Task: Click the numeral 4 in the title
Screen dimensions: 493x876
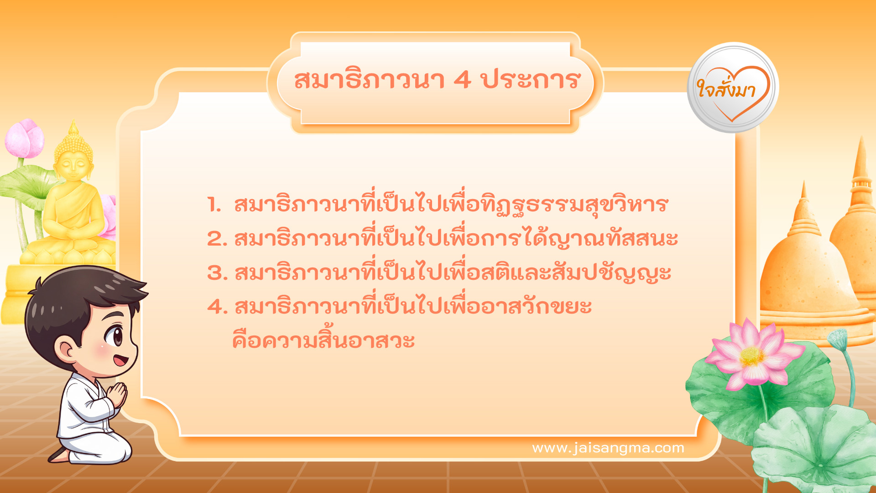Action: click(x=462, y=80)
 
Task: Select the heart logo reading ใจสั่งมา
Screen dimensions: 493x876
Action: click(x=733, y=88)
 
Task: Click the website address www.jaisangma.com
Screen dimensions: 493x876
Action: click(x=608, y=448)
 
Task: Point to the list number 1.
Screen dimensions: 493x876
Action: click(x=214, y=205)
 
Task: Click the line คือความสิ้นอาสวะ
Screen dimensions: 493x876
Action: click(x=323, y=341)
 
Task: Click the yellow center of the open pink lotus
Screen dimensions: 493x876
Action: click(x=751, y=356)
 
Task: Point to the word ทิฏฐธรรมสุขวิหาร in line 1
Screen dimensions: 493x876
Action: click(x=575, y=205)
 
